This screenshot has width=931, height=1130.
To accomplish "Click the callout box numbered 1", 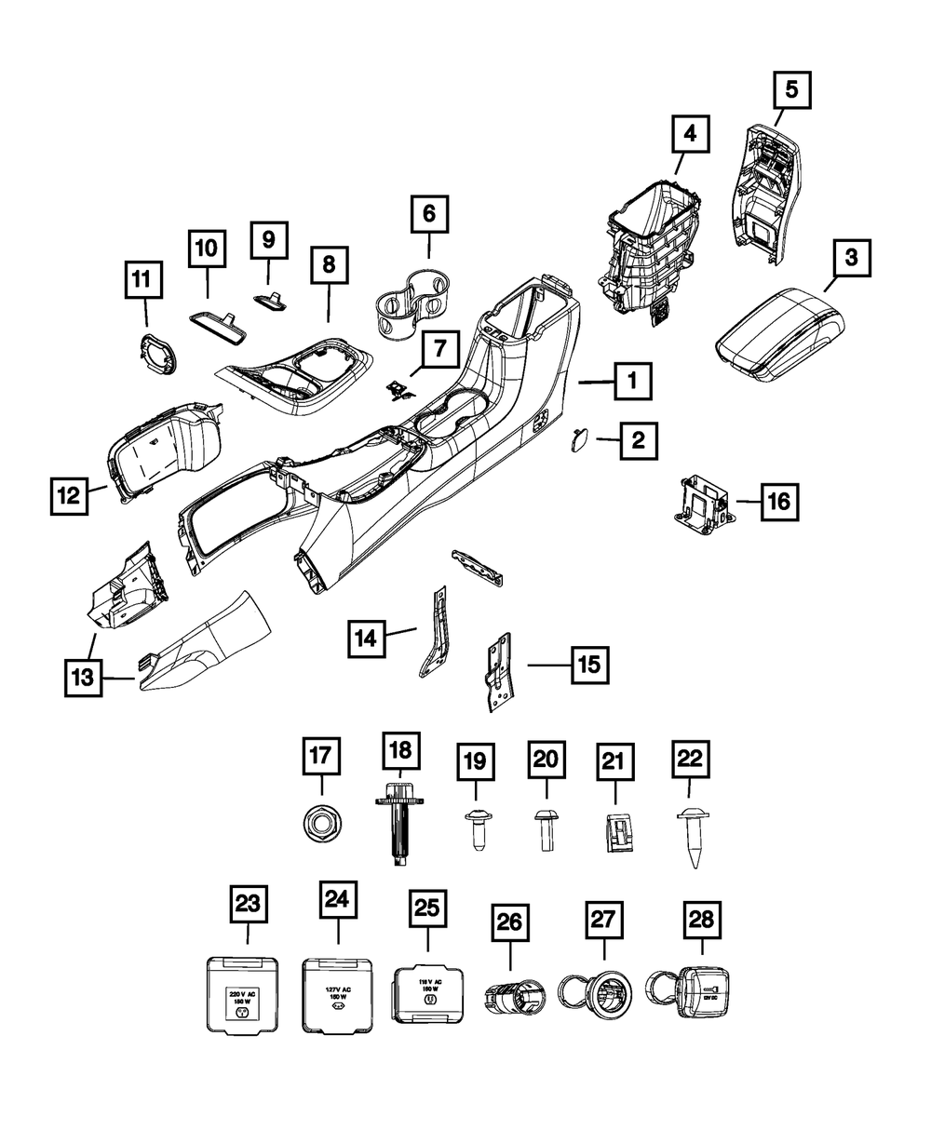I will tap(632, 382).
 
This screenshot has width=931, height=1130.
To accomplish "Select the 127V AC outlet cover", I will tap(338, 994).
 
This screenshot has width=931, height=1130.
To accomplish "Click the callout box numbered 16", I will tap(778, 502).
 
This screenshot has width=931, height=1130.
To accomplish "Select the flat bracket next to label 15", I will tap(500, 668).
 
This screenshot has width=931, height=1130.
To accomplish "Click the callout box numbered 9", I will tap(268, 241).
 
